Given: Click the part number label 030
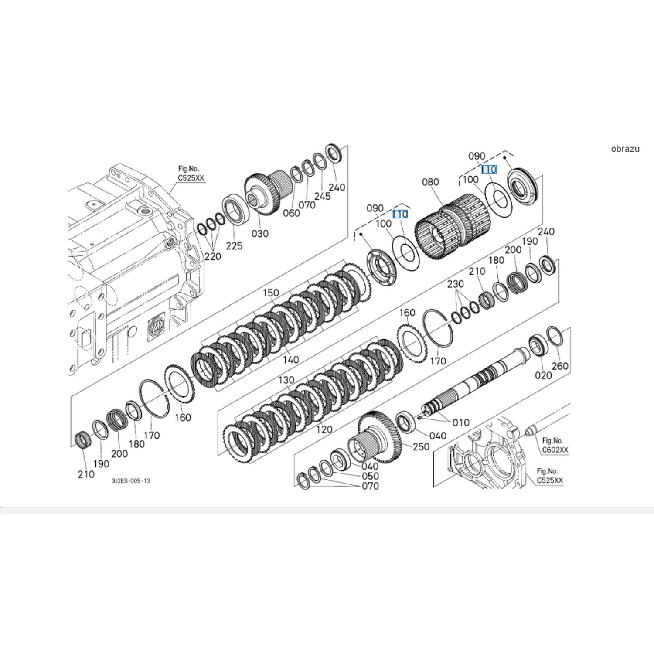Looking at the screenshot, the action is (260, 234).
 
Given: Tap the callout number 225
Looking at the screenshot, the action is (234, 246).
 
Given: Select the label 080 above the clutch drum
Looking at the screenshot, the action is (430, 182).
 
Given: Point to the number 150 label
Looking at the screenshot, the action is (271, 293).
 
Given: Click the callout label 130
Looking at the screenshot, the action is (286, 380).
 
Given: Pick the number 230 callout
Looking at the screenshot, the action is (455, 284).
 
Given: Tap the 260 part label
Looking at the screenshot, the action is (560, 366).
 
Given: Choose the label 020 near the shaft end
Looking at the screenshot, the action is (543, 375).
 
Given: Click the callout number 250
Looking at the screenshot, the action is (421, 446).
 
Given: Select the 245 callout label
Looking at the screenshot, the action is (322, 196).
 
